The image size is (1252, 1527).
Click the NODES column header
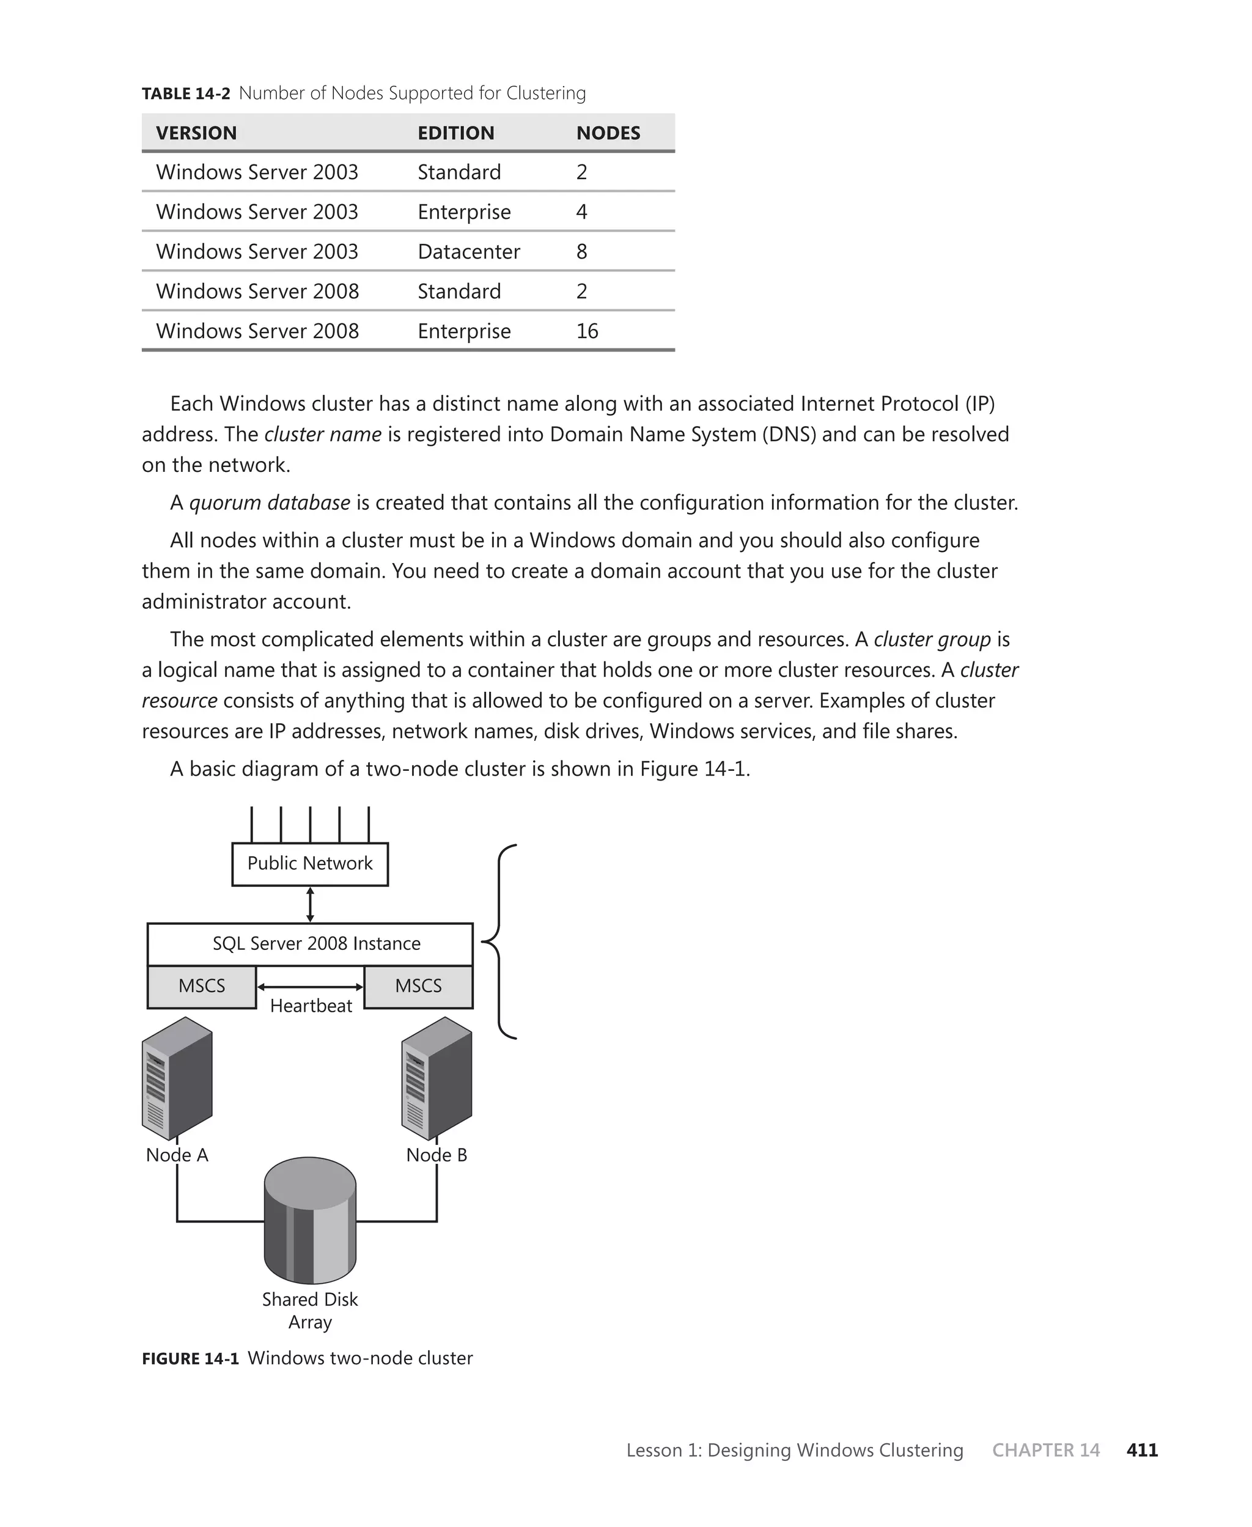[608, 133]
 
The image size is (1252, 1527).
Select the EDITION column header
[456, 133]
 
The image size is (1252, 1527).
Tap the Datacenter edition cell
[469, 252]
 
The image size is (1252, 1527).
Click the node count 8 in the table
[581, 252]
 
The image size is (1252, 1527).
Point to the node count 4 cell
[581, 212]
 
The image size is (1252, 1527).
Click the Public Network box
[310, 864]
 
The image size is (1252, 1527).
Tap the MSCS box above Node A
[202, 986]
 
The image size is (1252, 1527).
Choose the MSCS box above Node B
[418, 986]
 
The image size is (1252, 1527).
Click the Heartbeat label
[311, 1006]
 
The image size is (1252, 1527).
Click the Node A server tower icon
[177, 1078]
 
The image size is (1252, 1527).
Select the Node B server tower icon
[437, 1078]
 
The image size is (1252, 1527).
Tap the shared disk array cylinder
[310, 1220]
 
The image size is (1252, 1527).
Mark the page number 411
[1142, 1450]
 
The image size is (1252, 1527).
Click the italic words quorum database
[270, 502]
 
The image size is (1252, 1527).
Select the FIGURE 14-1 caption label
[190, 1359]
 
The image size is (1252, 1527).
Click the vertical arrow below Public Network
[310, 905]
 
